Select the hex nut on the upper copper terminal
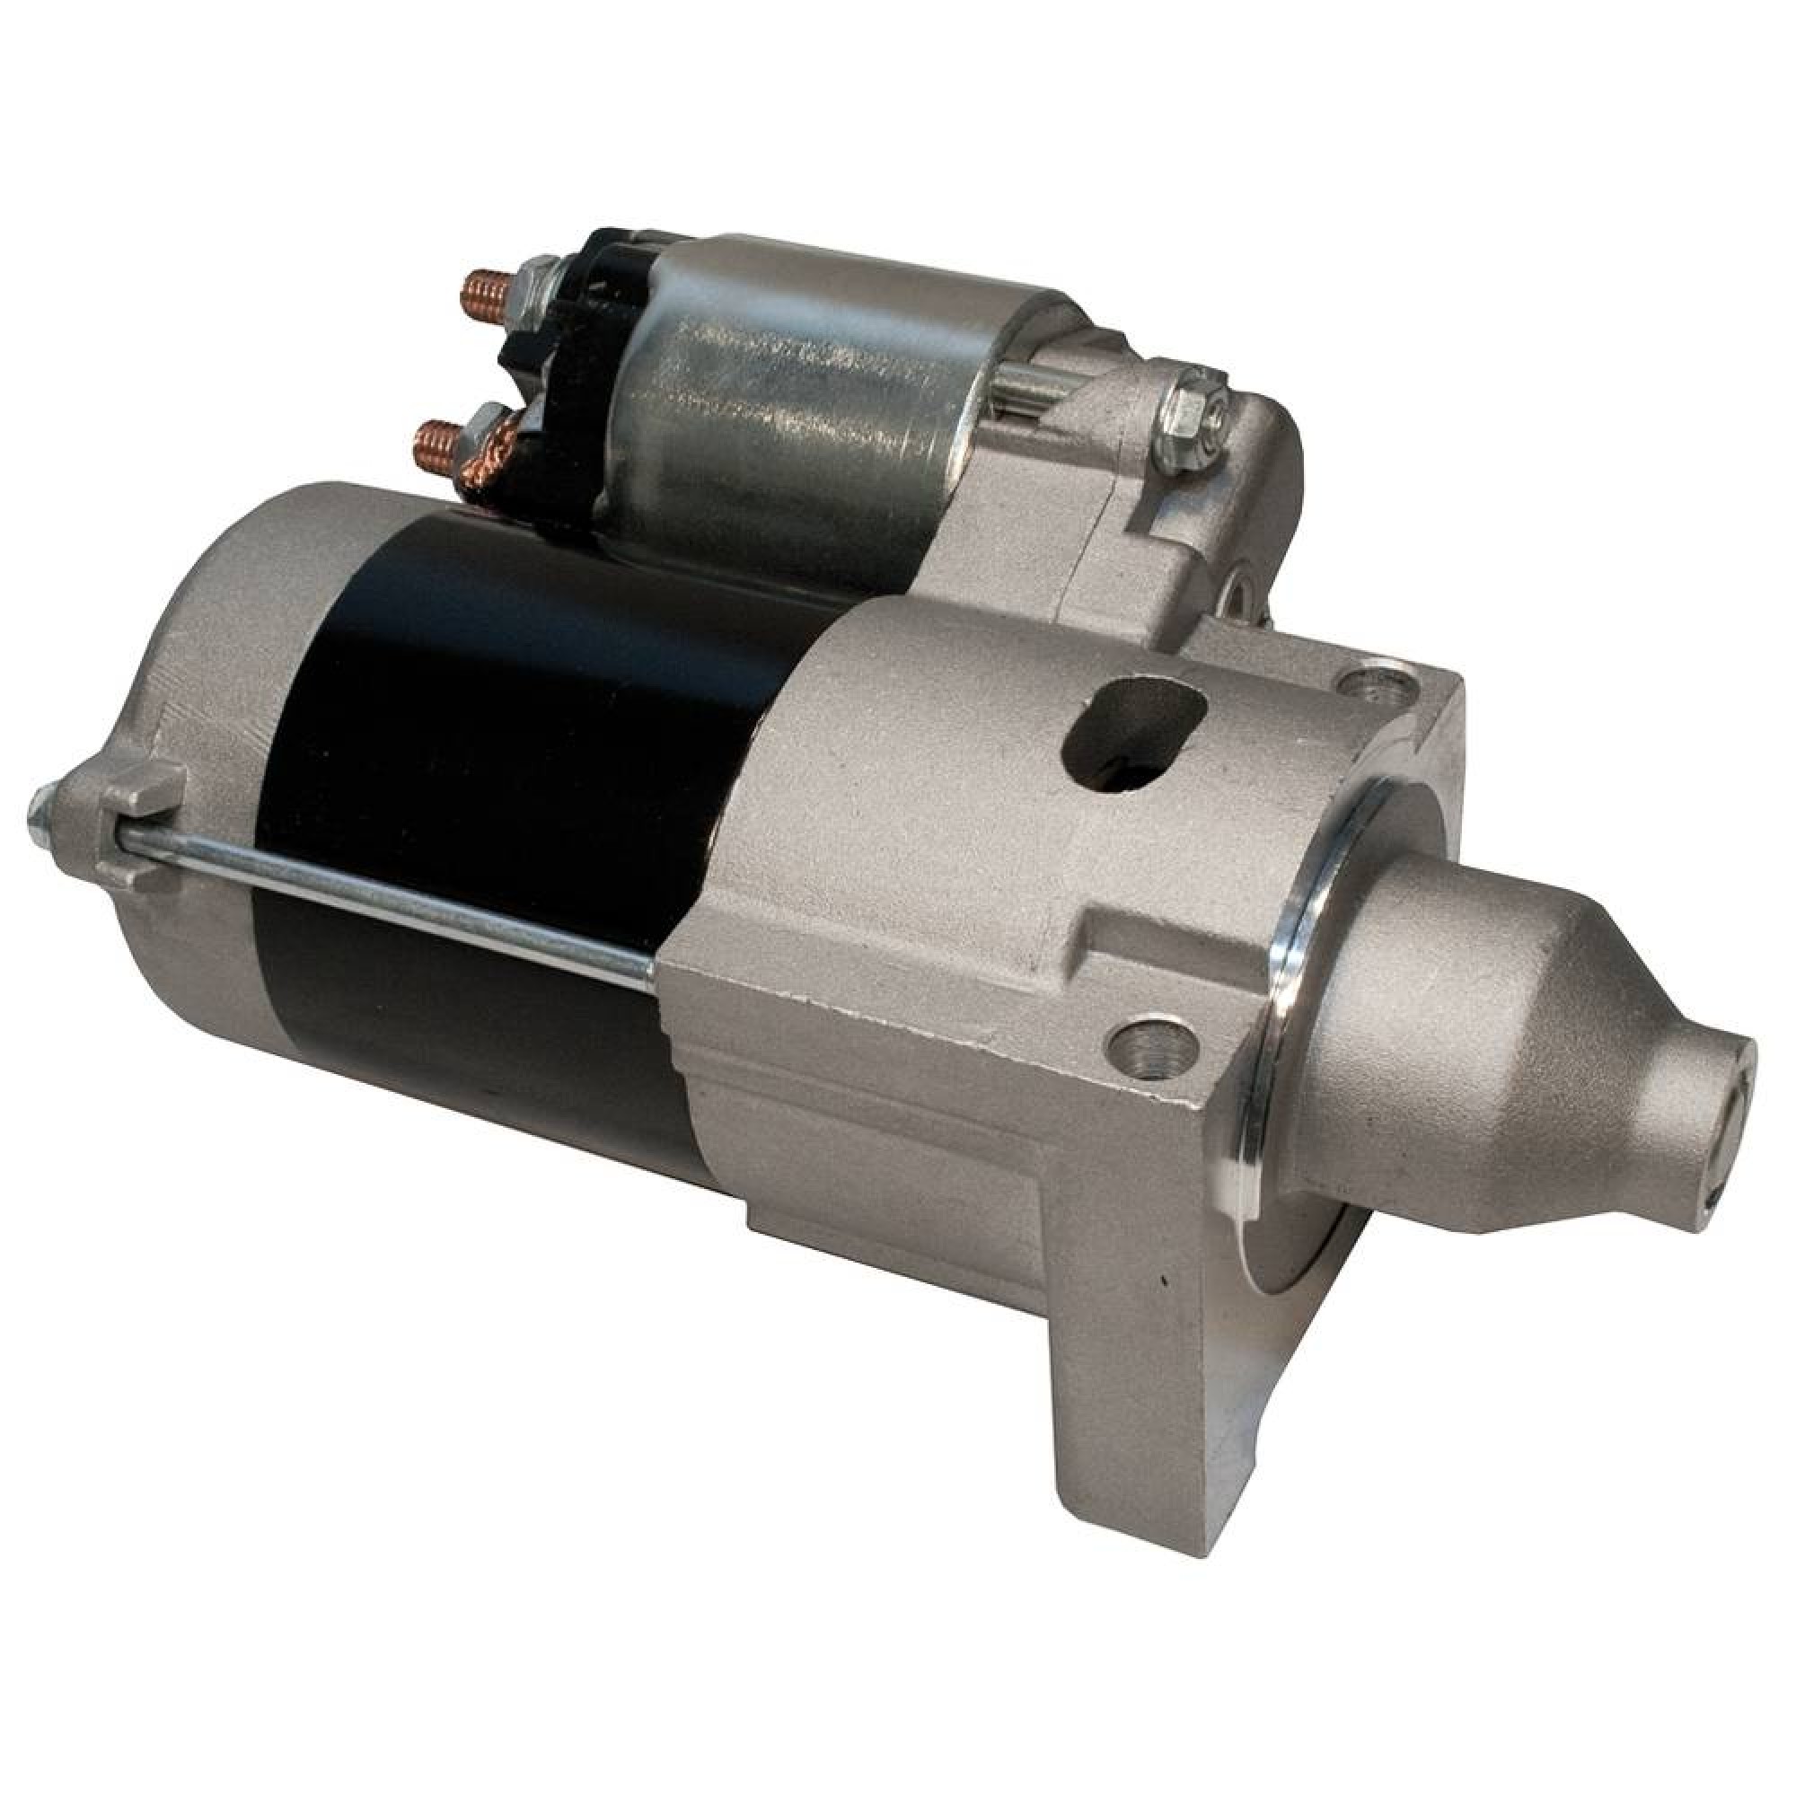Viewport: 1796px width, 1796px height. (534, 278)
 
